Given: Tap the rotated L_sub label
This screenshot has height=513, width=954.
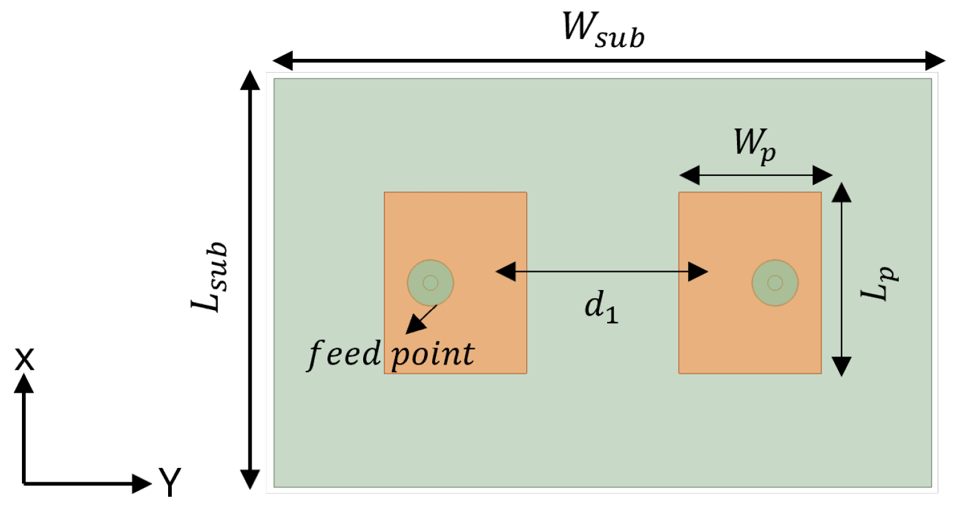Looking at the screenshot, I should point(209,277).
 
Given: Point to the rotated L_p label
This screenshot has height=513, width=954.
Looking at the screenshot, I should point(879,283).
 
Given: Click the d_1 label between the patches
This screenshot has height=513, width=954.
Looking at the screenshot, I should point(601,307).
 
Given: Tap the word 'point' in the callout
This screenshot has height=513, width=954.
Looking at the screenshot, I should point(433,355).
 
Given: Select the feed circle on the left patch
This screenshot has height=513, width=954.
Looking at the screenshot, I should point(430,283).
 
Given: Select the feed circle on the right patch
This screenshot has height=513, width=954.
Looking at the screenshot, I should point(775,283).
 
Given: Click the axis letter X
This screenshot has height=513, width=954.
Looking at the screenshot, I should point(24,360).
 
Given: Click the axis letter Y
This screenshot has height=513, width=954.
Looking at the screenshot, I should point(169,482).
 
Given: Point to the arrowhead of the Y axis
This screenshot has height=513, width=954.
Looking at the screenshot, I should point(143,483).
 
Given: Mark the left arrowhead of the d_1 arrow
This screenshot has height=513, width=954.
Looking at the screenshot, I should point(505,272).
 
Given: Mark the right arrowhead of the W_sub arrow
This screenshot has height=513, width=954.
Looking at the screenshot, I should point(935,61).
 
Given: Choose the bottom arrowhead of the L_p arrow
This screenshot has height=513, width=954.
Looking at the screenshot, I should point(841,366).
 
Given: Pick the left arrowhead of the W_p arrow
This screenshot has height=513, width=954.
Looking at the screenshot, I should point(689,175).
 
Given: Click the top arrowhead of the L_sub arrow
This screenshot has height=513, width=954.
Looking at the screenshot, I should point(250,80).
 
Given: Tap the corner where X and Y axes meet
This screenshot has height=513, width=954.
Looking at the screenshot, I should point(24,483).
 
